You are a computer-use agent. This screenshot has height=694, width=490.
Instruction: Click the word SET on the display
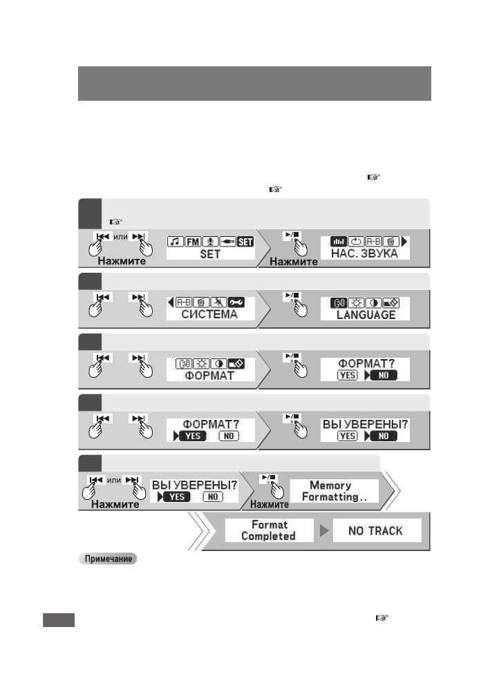[x=210, y=254]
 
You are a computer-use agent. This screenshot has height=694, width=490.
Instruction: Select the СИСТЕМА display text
[x=210, y=315]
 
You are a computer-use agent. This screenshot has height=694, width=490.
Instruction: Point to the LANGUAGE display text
[x=366, y=315]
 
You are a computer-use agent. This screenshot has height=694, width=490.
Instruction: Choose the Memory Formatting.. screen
[x=330, y=491]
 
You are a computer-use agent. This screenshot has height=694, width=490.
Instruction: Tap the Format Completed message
[x=268, y=530]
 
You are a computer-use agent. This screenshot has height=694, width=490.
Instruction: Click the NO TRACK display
[x=377, y=530]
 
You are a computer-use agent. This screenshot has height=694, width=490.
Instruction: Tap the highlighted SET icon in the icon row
[x=246, y=241]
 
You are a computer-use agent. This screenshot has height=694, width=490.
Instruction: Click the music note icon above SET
[x=175, y=241]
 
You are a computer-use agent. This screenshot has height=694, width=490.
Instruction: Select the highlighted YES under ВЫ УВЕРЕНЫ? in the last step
[x=176, y=497]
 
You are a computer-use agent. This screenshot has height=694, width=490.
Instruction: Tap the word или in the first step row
[x=120, y=235]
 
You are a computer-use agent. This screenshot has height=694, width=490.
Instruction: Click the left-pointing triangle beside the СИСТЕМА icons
[x=170, y=302]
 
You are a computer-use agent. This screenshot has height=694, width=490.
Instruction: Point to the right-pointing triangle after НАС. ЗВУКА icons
[x=404, y=241]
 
